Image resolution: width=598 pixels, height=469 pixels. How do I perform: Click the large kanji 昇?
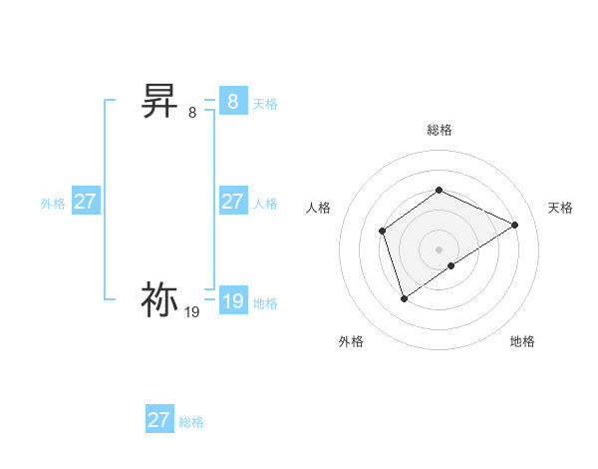click(159, 101)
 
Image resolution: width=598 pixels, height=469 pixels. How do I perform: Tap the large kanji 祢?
click(159, 299)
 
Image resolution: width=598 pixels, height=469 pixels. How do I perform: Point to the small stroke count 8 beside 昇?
click(192, 113)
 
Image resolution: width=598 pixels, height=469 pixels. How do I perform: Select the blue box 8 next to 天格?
click(232, 102)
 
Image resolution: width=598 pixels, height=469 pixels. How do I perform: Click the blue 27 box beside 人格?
click(232, 202)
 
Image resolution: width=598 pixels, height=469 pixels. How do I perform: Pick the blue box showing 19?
click(232, 301)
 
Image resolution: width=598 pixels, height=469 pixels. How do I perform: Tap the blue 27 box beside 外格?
click(85, 202)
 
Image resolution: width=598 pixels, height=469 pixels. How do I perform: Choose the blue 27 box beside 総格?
click(158, 420)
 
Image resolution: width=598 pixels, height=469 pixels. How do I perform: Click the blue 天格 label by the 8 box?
click(265, 104)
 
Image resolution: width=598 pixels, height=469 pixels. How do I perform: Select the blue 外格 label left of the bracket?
click(53, 204)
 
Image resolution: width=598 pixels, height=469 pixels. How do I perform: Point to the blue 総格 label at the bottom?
click(191, 422)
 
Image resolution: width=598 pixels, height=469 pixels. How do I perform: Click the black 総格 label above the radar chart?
click(440, 130)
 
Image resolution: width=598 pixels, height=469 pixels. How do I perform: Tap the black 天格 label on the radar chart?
click(561, 208)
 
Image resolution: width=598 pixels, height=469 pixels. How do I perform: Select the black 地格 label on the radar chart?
click(522, 341)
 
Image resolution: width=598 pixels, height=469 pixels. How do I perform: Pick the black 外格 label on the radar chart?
click(351, 341)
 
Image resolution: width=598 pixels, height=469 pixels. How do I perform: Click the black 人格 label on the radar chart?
click(319, 208)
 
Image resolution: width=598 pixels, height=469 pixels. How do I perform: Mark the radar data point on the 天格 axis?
click(515, 225)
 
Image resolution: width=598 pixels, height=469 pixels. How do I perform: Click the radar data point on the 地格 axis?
click(451, 265)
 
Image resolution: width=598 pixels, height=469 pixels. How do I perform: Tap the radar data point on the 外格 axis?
click(404, 298)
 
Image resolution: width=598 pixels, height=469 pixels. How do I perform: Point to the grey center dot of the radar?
click(440, 248)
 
